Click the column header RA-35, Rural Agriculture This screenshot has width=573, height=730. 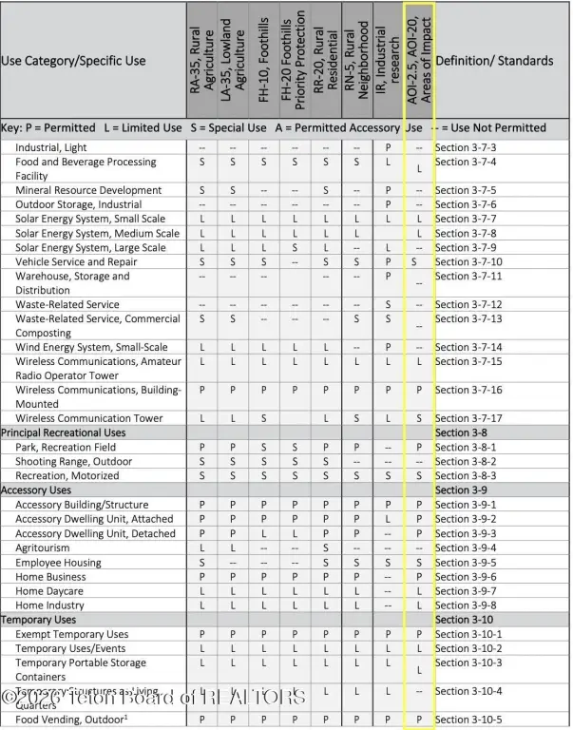201,59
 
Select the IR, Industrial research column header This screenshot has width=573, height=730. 385,59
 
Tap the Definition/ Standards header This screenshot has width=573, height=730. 493,61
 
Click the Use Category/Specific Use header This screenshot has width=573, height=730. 74,61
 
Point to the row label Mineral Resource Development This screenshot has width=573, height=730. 88,190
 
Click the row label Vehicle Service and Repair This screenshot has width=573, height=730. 76,261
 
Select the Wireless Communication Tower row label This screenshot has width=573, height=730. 89,418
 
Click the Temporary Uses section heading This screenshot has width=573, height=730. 40,620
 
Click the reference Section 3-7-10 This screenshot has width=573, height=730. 468,261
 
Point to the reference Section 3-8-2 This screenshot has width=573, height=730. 466,461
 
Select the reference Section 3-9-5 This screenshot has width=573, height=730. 466,562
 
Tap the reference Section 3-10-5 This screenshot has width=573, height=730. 468,720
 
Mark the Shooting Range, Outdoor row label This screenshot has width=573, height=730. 74,461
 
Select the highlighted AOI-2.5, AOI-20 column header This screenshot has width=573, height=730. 419,59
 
